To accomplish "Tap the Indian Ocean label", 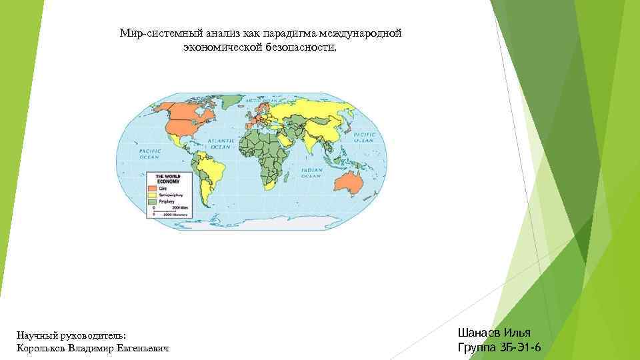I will click(x=312, y=172).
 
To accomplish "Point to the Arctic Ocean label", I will click(x=257, y=101).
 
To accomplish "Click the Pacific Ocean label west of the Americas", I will click(x=149, y=154).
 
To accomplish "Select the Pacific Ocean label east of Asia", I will click(x=364, y=138).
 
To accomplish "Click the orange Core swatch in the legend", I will click(x=160, y=188).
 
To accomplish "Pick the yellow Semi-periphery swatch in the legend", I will click(x=160, y=195).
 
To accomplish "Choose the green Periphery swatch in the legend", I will click(x=160, y=201).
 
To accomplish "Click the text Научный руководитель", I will click(x=71, y=335).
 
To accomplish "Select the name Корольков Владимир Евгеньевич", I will click(x=91, y=348).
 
